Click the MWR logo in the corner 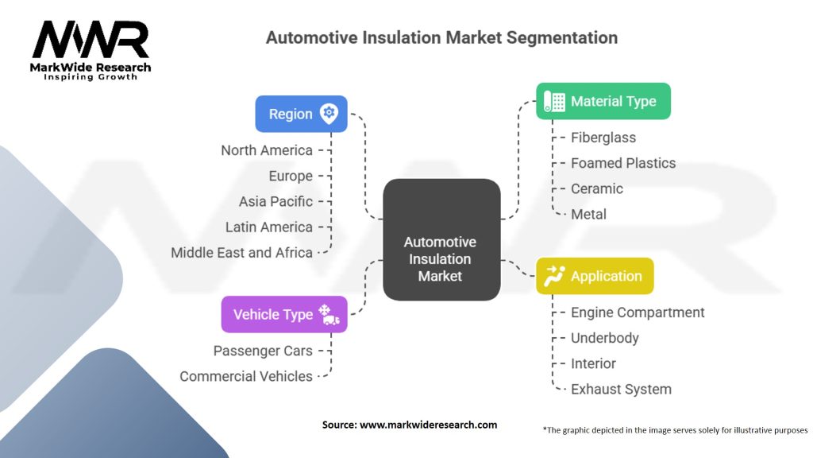pyautogui.click(x=90, y=47)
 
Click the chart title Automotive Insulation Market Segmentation pyautogui.click(x=441, y=37)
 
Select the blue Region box pyautogui.click(x=301, y=114)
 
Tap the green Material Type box pyautogui.click(x=603, y=101)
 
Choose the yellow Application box pyautogui.click(x=595, y=276)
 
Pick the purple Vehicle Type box pyautogui.click(x=283, y=314)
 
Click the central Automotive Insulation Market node pyautogui.click(x=441, y=259)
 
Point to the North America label pyautogui.click(x=267, y=150)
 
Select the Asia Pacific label pyautogui.click(x=275, y=201)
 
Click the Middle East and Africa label pyautogui.click(x=241, y=252)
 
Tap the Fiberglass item pyautogui.click(x=603, y=138)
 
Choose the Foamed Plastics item pyautogui.click(x=622, y=163)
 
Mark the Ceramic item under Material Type pyautogui.click(x=596, y=188)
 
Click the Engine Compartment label pyautogui.click(x=637, y=312)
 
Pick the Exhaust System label pyautogui.click(x=620, y=389)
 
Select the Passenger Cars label pyautogui.click(x=263, y=351)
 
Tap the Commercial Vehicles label pyautogui.click(x=246, y=376)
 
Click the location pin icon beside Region pyautogui.click(x=328, y=113)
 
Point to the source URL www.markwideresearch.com pyautogui.click(x=428, y=425)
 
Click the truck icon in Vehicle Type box pyautogui.click(x=331, y=319)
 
